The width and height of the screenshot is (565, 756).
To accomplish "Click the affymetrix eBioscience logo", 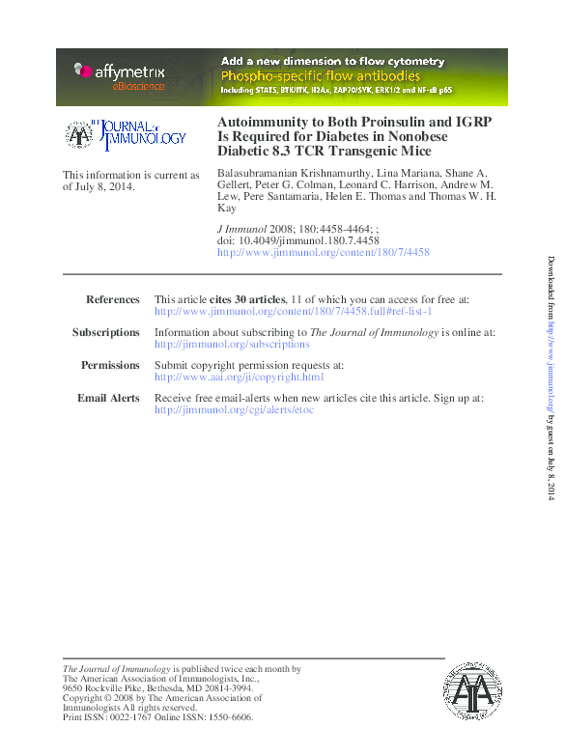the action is [x=119, y=75].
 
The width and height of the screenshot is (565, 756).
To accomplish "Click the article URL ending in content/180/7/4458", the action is [x=324, y=252].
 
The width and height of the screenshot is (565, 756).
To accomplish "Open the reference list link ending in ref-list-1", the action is [x=294, y=312].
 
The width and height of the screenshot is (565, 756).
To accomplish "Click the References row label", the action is [x=113, y=300].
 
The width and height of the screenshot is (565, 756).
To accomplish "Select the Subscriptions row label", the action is [x=106, y=332].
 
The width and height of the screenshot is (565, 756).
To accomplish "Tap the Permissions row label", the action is [x=110, y=365].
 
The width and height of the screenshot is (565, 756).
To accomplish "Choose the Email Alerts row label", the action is [x=108, y=398].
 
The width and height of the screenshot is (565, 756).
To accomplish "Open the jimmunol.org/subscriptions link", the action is [x=232, y=344].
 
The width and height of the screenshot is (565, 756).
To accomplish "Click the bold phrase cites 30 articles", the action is [x=247, y=300].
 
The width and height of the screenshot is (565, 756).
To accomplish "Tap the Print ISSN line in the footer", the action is [x=157, y=717].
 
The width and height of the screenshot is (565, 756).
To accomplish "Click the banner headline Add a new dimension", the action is [x=333, y=62].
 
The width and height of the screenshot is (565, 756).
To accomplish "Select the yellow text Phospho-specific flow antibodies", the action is [x=321, y=75].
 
